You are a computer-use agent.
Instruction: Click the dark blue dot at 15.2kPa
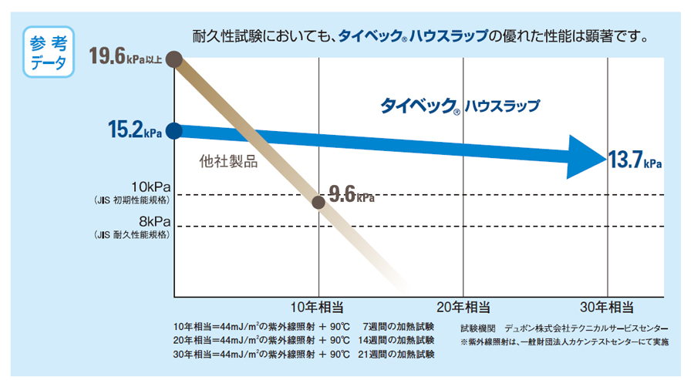pyautogui.click(x=174, y=131)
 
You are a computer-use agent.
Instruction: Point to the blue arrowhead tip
pyautogui.click(x=603, y=159)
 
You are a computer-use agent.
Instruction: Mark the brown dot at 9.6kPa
pyautogui.click(x=318, y=202)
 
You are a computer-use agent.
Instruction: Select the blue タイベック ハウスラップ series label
pyautogui.click(x=460, y=106)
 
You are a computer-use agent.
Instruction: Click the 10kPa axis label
pyautogui.click(x=151, y=188)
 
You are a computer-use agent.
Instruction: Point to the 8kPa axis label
pyautogui.click(x=155, y=221)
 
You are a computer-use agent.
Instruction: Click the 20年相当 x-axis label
pyautogui.click(x=463, y=307)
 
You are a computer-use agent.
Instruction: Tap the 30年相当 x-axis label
pyautogui.click(x=608, y=307)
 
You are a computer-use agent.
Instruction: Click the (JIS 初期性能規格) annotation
pyautogui.click(x=130, y=200)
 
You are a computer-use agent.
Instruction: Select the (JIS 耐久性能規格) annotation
pyautogui.click(x=130, y=234)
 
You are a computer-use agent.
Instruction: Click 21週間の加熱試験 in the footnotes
pyautogui.click(x=396, y=355)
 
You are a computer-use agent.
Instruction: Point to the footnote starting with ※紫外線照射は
pyautogui.click(x=564, y=341)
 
